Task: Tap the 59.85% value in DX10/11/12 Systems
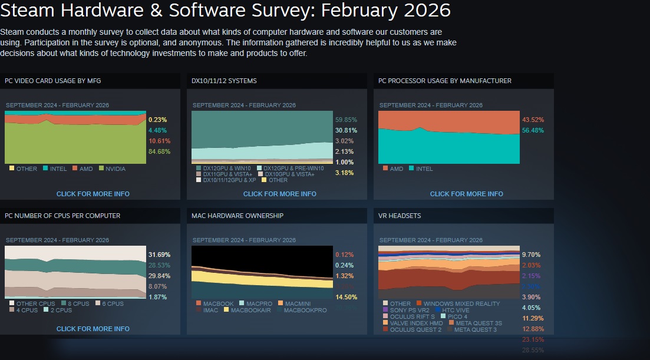coord(346,120)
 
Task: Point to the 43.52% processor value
coord(533,120)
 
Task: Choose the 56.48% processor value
coord(533,130)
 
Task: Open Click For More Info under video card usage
coord(93,194)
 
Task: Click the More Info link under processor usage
coord(467,194)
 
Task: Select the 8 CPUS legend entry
coord(78,304)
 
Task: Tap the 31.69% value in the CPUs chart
coord(160,255)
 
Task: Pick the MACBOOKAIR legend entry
coord(250,310)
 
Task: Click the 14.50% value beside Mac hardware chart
coord(346,297)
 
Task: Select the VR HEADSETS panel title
coord(400,216)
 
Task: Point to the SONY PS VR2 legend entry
coord(406,310)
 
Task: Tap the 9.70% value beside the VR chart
coord(531,255)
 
